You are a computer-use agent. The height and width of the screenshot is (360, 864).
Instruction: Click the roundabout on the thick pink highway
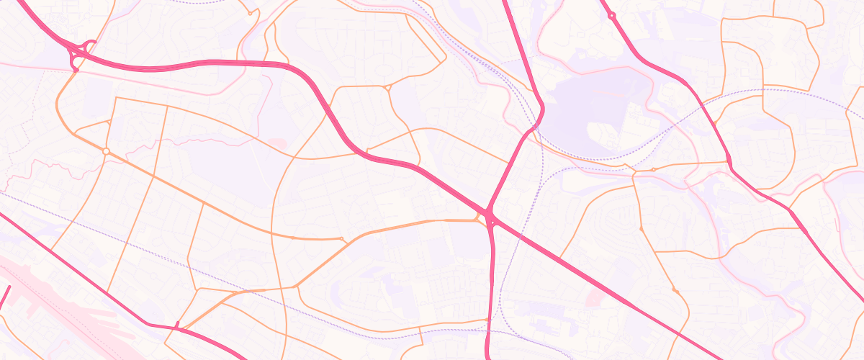[x=611, y=14]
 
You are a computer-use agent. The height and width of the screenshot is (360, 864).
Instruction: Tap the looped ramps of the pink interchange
[x=79, y=53]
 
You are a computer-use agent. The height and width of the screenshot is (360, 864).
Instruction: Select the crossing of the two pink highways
[x=489, y=214]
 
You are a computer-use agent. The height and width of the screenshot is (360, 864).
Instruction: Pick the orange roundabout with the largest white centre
[x=106, y=151]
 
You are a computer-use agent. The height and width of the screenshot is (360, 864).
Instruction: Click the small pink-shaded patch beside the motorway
[x=595, y=296]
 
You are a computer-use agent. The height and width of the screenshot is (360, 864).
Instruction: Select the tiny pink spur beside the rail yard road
[x=176, y=325]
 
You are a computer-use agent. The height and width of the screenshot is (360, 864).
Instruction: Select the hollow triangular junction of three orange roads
[x=387, y=88]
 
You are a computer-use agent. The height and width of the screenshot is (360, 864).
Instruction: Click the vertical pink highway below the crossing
[x=492, y=288]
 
